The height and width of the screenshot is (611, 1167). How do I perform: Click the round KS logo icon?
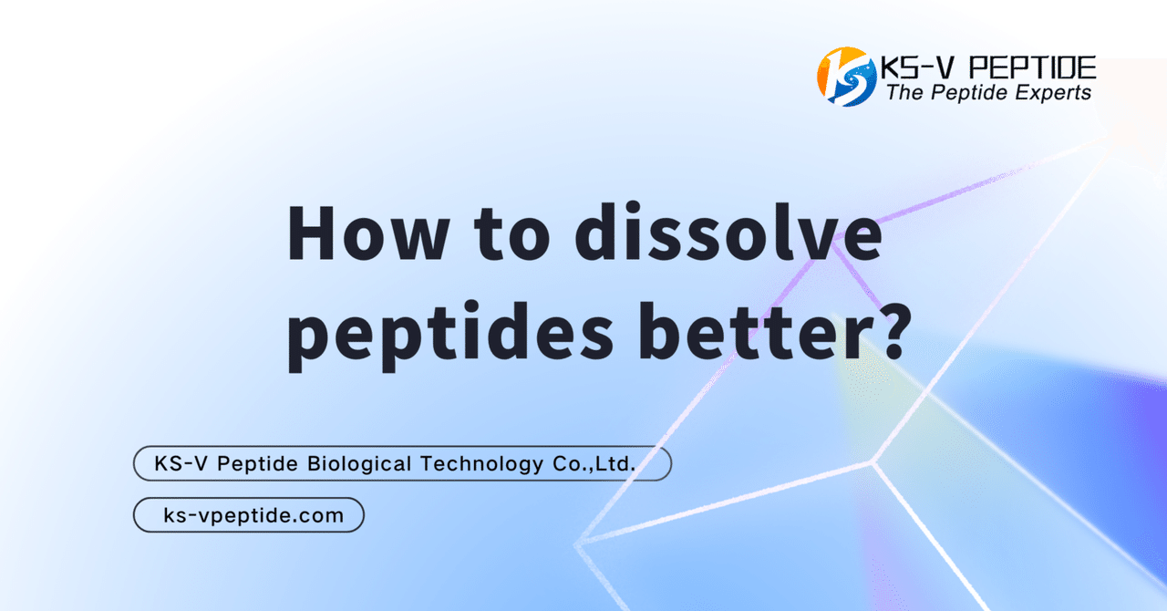[846, 77]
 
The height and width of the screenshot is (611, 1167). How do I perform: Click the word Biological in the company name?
[358, 464]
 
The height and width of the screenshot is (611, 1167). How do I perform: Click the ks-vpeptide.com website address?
[253, 515]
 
